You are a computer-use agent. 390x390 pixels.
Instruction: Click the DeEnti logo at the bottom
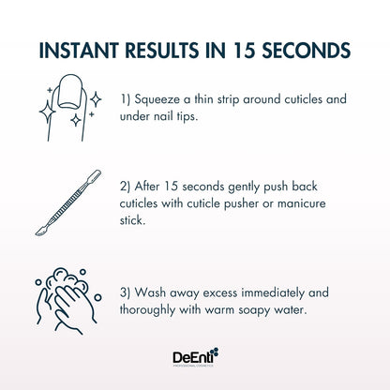click(194, 357)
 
